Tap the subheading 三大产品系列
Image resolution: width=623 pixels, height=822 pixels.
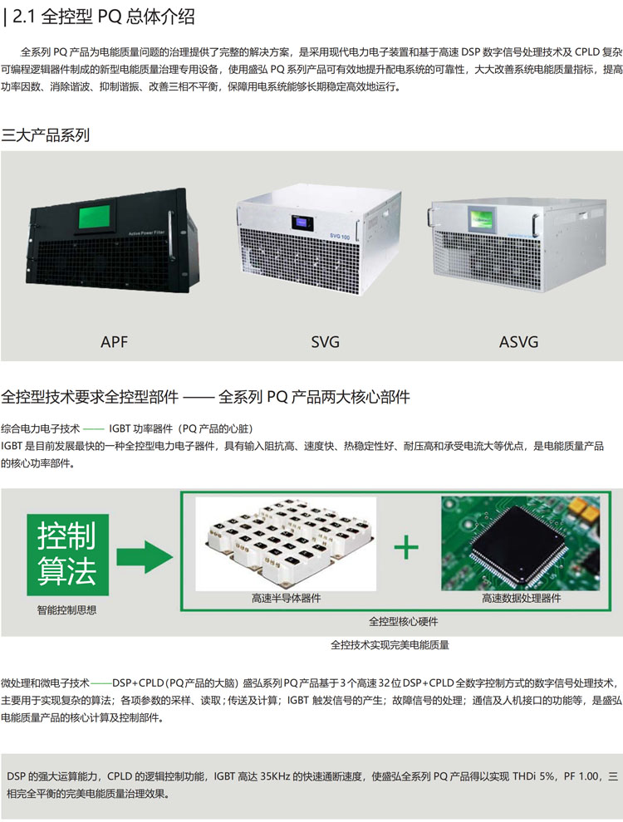46,135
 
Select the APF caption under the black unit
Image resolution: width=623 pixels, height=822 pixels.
114,341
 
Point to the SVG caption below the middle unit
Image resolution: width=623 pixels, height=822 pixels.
325,341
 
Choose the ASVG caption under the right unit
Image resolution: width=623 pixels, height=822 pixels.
518,341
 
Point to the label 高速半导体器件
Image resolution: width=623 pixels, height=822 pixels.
286,598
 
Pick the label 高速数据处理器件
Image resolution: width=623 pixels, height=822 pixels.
521,598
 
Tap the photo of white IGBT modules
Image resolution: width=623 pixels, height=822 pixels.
286,543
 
